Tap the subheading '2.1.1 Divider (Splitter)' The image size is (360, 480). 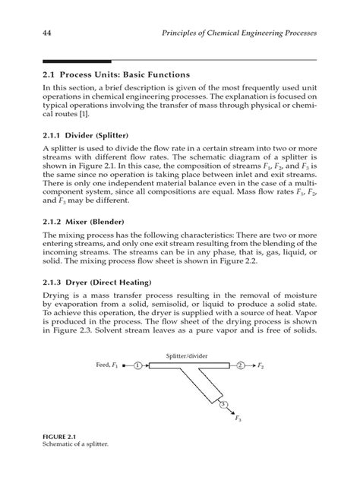tap(84, 134)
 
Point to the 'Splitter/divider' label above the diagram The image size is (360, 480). tap(191, 354)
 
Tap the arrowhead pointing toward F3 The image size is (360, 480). tap(232, 412)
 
